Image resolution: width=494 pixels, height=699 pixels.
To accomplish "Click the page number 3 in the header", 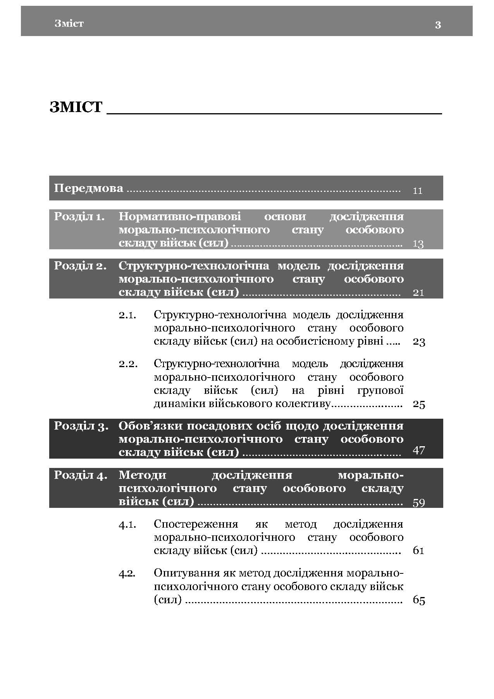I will coord(438,25).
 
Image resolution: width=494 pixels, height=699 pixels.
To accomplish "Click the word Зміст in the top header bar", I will coord(69,24).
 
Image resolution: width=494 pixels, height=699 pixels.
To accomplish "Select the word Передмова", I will coord(88,188).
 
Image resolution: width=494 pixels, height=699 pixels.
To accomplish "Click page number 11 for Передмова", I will coord(418,191).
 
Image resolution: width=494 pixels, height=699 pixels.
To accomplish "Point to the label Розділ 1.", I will coord(79,216).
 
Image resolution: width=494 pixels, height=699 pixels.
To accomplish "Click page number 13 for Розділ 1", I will coord(418,244).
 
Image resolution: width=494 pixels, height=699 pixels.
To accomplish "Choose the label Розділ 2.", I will coord(80,266).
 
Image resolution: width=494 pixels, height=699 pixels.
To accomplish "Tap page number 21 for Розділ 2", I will coord(418,293).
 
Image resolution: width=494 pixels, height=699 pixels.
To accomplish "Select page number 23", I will coord(419,342).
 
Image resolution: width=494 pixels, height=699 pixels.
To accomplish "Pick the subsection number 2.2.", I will coord(128,364).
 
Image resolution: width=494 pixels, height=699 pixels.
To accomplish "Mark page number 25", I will coord(419,404).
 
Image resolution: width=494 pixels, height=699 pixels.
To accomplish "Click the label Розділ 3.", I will coord(81,426).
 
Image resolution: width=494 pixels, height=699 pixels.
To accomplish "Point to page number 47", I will coord(419,450).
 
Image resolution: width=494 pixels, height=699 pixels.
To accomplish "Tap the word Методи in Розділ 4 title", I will coord(142,475).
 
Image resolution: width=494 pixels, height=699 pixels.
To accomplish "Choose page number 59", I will coord(419,503).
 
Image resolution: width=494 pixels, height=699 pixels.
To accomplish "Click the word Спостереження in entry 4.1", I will coord(196,524).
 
